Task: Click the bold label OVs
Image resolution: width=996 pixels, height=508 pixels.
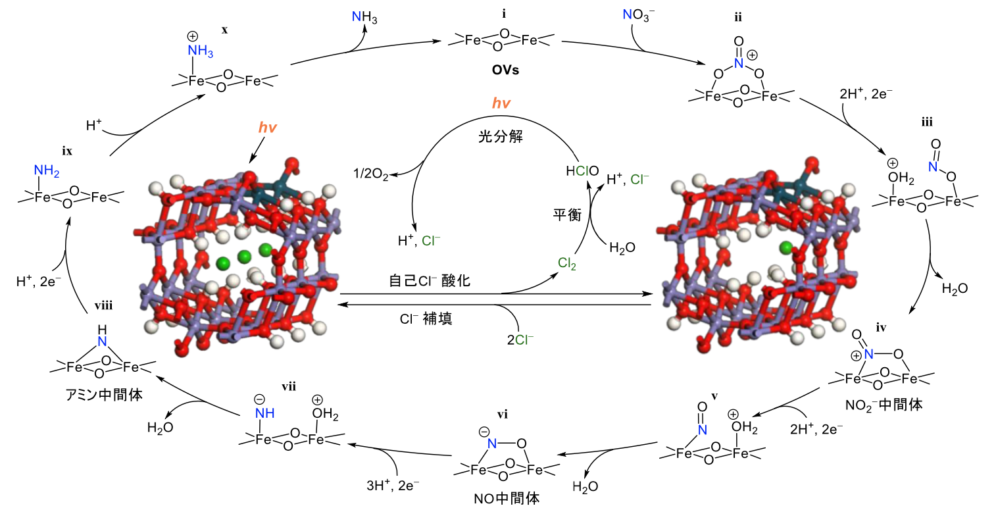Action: tap(503, 69)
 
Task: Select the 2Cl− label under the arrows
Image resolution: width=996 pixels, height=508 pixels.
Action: tap(520, 340)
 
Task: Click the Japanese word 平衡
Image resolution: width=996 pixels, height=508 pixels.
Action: tap(566, 215)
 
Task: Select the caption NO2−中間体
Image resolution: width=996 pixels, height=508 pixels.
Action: tap(884, 404)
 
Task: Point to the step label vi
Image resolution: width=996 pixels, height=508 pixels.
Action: tap(502, 414)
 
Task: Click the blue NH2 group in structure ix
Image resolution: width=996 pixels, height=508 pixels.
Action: tap(46, 173)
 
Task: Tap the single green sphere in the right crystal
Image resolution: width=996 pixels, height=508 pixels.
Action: tap(786, 247)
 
